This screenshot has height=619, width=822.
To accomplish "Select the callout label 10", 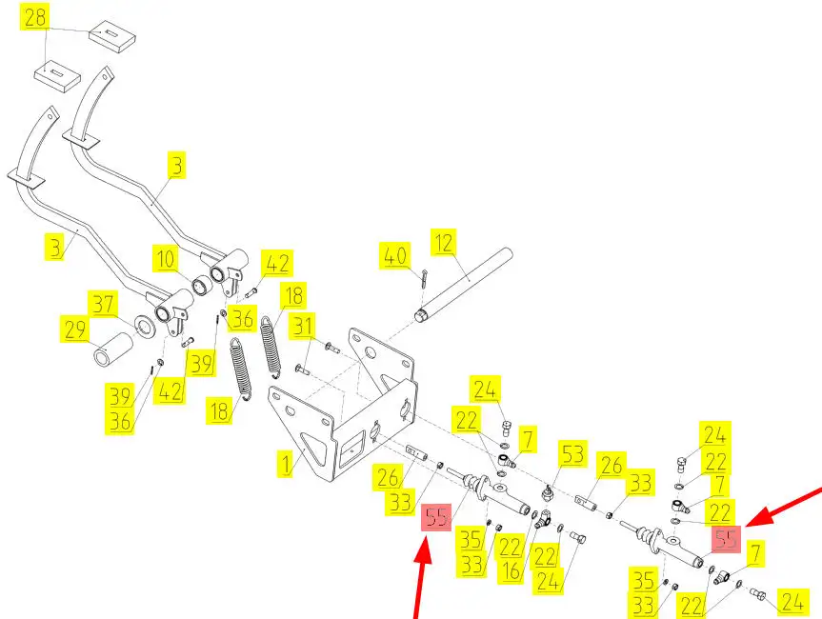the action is tap(167, 258).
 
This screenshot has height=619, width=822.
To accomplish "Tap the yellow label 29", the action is tap(75, 331).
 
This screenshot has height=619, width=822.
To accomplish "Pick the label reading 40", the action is tap(394, 255).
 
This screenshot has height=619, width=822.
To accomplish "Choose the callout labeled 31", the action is tap(302, 327).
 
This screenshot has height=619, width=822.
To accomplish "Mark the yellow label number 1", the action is tap(285, 465).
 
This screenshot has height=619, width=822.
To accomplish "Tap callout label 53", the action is tap(572, 455).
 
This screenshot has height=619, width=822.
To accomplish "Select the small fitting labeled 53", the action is tap(550, 494).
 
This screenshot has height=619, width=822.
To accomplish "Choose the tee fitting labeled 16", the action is tap(541, 518).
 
